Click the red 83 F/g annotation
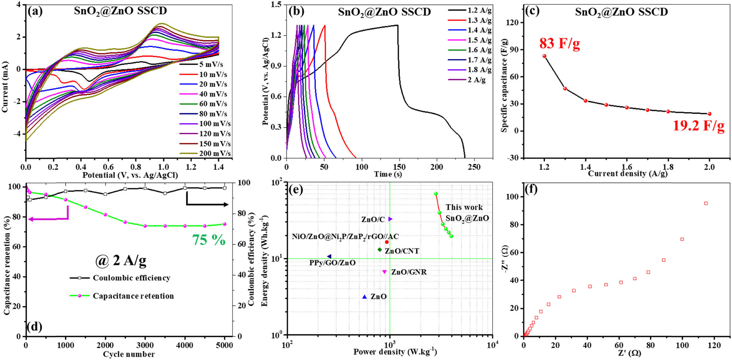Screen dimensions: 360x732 point(559,44)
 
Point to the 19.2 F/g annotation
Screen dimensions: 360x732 point(698,126)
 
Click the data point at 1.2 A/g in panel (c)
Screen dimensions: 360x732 point(544,56)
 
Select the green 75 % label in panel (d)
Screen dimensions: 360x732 point(209,240)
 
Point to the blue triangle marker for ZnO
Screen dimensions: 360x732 point(364,297)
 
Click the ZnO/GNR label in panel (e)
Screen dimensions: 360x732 point(408,272)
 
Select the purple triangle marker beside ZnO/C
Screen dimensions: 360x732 point(390,219)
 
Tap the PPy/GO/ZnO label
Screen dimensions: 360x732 point(332,263)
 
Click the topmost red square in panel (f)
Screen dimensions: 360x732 point(706,203)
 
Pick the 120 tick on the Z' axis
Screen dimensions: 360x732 point(714,345)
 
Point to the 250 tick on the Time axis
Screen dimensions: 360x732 point(474,167)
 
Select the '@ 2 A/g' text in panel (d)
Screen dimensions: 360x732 point(121,261)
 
